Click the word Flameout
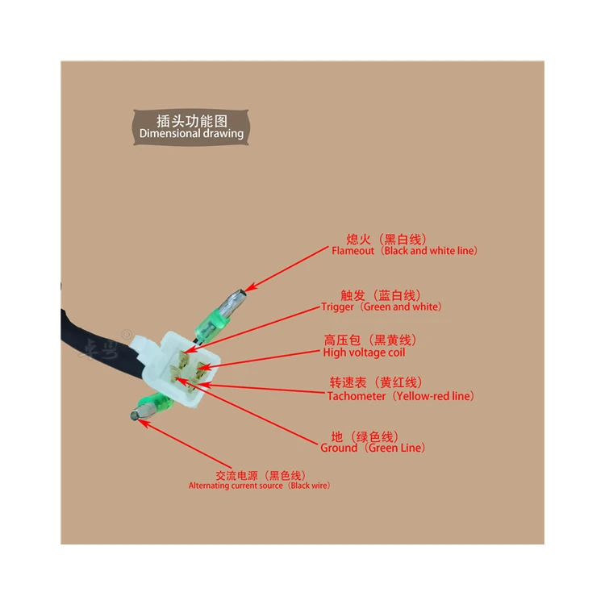(x=353, y=251)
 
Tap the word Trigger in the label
(x=337, y=307)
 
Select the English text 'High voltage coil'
(x=364, y=353)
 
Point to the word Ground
(x=339, y=448)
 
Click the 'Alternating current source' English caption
(x=236, y=486)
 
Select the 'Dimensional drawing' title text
(x=191, y=134)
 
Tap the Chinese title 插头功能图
(x=191, y=119)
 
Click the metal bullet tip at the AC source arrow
(x=136, y=416)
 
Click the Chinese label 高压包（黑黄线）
(x=370, y=340)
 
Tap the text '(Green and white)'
(x=398, y=307)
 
